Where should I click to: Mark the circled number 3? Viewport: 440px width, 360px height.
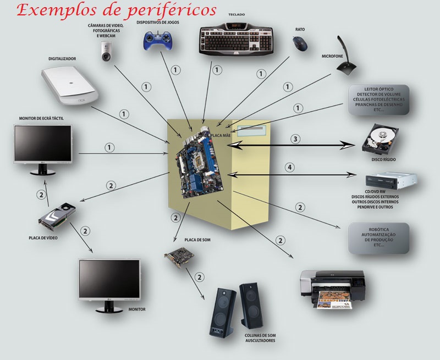pyautogui.click(x=295, y=139)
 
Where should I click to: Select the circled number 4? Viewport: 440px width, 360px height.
pyautogui.click(x=290, y=167)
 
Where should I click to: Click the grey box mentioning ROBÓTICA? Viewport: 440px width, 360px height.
pyautogui.click(x=379, y=238)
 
